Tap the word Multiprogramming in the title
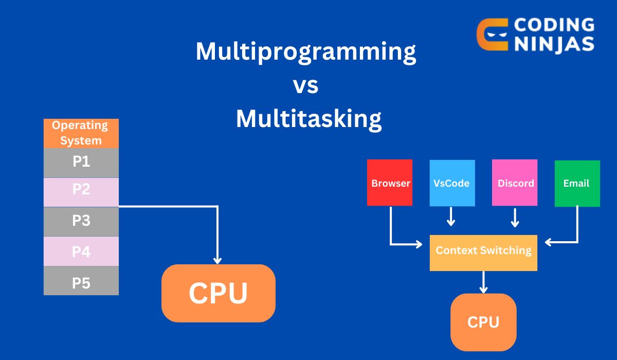click(305, 52)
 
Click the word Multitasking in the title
click(308, 119)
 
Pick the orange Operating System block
click(81, 133)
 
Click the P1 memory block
click(81, 163)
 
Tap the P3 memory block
click(81, 221)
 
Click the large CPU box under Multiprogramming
click(218, 293)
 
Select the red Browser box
click(390, 183)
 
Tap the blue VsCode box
click(451, 183)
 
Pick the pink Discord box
click(515, 183)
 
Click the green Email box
click(577, 183)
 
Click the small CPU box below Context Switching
click(483, 322)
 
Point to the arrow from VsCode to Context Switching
click(451, 217)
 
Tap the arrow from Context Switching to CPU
click(483, 282)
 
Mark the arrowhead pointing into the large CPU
click(218, 260)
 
